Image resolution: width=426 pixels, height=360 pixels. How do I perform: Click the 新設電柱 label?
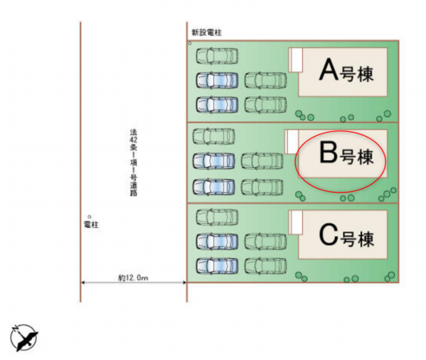(x=207, y=33)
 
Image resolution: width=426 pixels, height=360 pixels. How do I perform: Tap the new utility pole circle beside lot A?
(x=189, y=43)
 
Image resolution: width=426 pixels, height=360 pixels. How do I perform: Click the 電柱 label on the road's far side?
(x=91, y=225)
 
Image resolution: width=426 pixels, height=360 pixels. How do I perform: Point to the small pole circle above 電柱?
(x=90, y=217)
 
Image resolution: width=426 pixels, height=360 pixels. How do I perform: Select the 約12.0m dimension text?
(x=133, y=278)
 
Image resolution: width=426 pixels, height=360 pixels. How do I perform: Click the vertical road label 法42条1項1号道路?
(x=133, y=162)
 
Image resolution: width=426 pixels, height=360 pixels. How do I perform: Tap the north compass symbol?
(x=24, y=338)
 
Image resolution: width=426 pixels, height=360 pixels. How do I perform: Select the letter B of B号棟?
(x=328, y=152)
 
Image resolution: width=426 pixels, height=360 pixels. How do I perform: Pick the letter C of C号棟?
(x=328, y=234)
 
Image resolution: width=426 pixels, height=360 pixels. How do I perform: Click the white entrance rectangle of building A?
(x=296, y=60)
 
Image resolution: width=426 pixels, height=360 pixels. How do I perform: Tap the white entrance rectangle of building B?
(x=292, y=142)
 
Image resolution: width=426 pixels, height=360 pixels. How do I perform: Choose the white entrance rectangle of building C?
(x=296, y=222)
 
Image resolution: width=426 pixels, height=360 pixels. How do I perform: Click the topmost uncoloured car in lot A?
(x=217, y=56)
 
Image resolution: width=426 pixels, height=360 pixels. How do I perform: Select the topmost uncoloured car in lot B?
(x=213, y=136)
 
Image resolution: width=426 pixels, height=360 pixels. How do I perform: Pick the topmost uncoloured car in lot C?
(x=217, y=217)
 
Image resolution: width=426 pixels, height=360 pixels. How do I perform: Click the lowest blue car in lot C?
(x=217, y=266)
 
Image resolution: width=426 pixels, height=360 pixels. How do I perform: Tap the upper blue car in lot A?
(x=217, y=80)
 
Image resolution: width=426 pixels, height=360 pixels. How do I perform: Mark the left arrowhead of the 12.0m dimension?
(x=83, y=282)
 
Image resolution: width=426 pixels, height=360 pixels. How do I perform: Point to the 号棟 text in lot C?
(x=357, y=239)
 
